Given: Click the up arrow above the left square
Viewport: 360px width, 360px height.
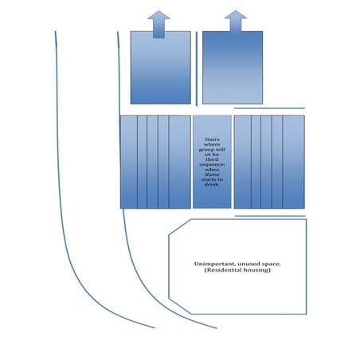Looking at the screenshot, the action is pyautogui.click(x=158, y=25).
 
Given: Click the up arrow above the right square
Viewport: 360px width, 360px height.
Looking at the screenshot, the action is pyautogui.click(x=236, y=24).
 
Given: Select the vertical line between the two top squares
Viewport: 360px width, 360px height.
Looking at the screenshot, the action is pyautogui.click(x=197, y=68).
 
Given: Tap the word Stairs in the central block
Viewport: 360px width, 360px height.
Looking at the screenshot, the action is pyautogui.click(x=212, y=139).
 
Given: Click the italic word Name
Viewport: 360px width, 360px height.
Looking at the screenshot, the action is pyautogui.click(x=212, y=174).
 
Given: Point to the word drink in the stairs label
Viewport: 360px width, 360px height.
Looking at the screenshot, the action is pyautogui.click(x=212, y=184).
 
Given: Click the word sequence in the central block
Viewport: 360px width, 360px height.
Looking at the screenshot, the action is pyautogui.click(x=212, y=164).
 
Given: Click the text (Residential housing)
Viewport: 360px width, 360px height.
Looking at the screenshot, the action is pyautogui.click(x=237, y=270).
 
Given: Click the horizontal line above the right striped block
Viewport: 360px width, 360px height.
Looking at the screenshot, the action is pyautogui.click(x=269, y=108).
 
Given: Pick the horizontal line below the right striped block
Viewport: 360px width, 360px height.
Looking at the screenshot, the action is pyautogui.click(x=270, y=216).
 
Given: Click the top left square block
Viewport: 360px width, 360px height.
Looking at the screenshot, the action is pyautogui.click(x=161, y=68).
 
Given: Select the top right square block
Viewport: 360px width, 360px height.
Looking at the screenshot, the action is pyautogui.click(x=233, y=68).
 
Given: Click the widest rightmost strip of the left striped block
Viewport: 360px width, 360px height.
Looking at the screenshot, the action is pyautogui.click(x=180, y=162).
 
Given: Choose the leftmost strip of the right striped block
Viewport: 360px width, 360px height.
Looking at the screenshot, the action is pyautogui.click(x=243, y=162).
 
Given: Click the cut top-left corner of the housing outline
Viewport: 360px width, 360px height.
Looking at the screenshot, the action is pyautogui.click(x=180, y=227).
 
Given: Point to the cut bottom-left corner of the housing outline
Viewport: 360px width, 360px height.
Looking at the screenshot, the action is pyautogui.click(x=180, y=307).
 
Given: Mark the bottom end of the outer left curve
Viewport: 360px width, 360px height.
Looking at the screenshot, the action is pyautogui.click(x=155, y=328).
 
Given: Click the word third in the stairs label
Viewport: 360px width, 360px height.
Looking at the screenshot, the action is pyautogui.click(x=212, y=159).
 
